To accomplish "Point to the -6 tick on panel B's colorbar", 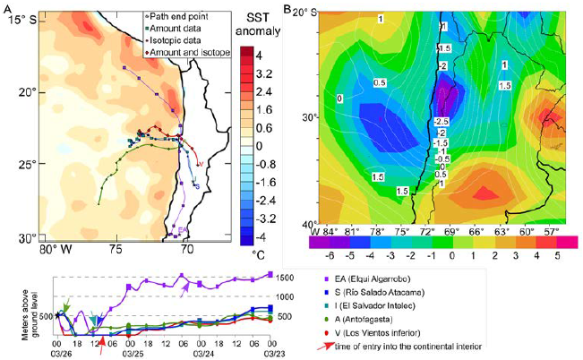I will pyautogui.click(x=321, y=255).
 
